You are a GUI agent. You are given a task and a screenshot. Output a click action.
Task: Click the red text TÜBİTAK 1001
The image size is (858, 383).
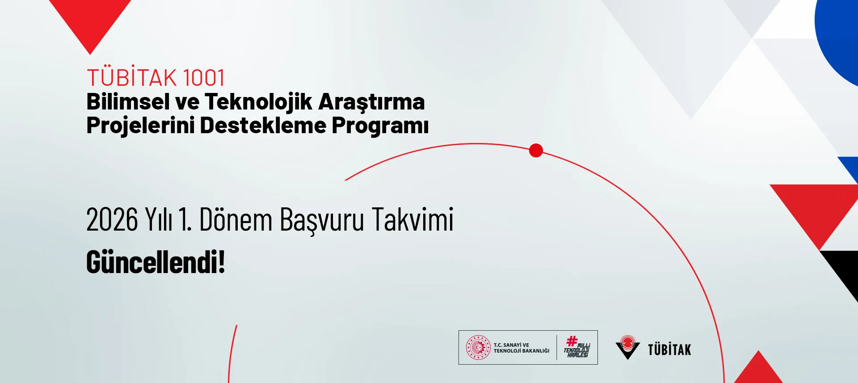[156, 78]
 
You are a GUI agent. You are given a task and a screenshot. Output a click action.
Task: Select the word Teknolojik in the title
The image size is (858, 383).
[258, 102]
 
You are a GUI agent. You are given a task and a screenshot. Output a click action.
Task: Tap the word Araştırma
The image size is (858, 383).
[371, 102]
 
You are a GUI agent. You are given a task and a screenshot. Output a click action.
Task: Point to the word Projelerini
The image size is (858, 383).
[140, 126]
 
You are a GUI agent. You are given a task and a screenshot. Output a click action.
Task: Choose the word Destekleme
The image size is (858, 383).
[263, 125]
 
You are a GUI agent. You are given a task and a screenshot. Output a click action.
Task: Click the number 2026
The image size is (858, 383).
[112, 220]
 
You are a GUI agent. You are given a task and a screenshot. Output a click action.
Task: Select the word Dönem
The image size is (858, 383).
[236, 219]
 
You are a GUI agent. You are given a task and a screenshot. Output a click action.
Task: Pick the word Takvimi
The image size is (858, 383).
[412, 219]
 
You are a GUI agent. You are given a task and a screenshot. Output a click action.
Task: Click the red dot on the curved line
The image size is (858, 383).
[536, 151]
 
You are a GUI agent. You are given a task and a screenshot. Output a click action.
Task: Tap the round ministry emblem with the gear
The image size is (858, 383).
[478, 348]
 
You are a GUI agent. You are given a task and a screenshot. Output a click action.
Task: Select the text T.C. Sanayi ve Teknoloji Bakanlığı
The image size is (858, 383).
[521, 348]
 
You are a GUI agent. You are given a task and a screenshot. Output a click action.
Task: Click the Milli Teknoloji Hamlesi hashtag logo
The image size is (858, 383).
[577, 347]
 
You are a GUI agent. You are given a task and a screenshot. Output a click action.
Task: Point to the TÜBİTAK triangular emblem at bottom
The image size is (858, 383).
[627, 347]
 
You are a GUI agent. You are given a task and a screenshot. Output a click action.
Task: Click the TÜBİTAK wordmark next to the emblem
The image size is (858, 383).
[669, 349]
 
